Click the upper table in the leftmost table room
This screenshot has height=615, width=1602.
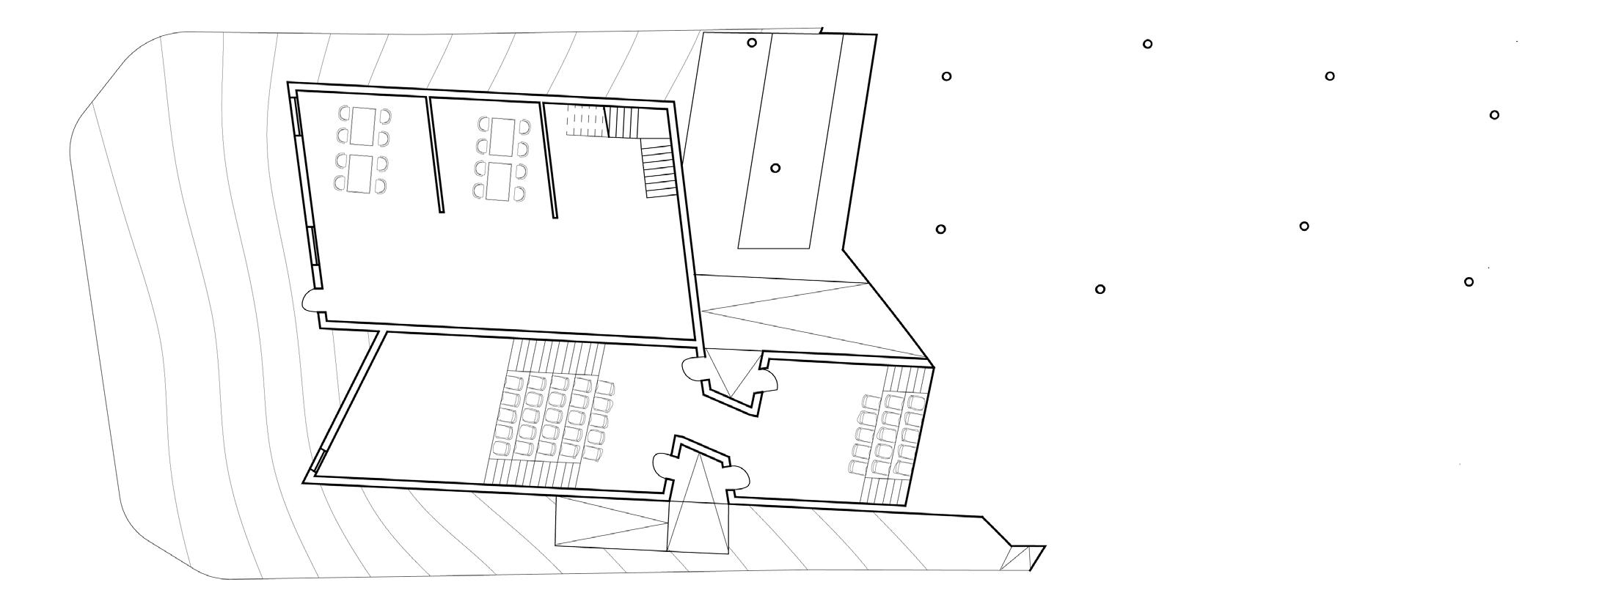pos(363,126)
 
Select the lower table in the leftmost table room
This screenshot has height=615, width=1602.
pos(361,174)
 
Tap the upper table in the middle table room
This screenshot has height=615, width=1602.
pos(501,136)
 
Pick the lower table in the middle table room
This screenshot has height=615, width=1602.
pos(500,180)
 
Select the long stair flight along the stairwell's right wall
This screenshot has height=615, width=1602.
pos(657,170)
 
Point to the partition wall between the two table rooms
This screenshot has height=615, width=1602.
pos(436,155)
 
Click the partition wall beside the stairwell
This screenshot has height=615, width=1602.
pos(549,159)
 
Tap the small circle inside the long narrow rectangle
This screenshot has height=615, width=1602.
pos(775,168)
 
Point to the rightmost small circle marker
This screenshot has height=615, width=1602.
pos(1494,115)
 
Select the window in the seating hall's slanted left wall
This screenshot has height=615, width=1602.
pos(318,460)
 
